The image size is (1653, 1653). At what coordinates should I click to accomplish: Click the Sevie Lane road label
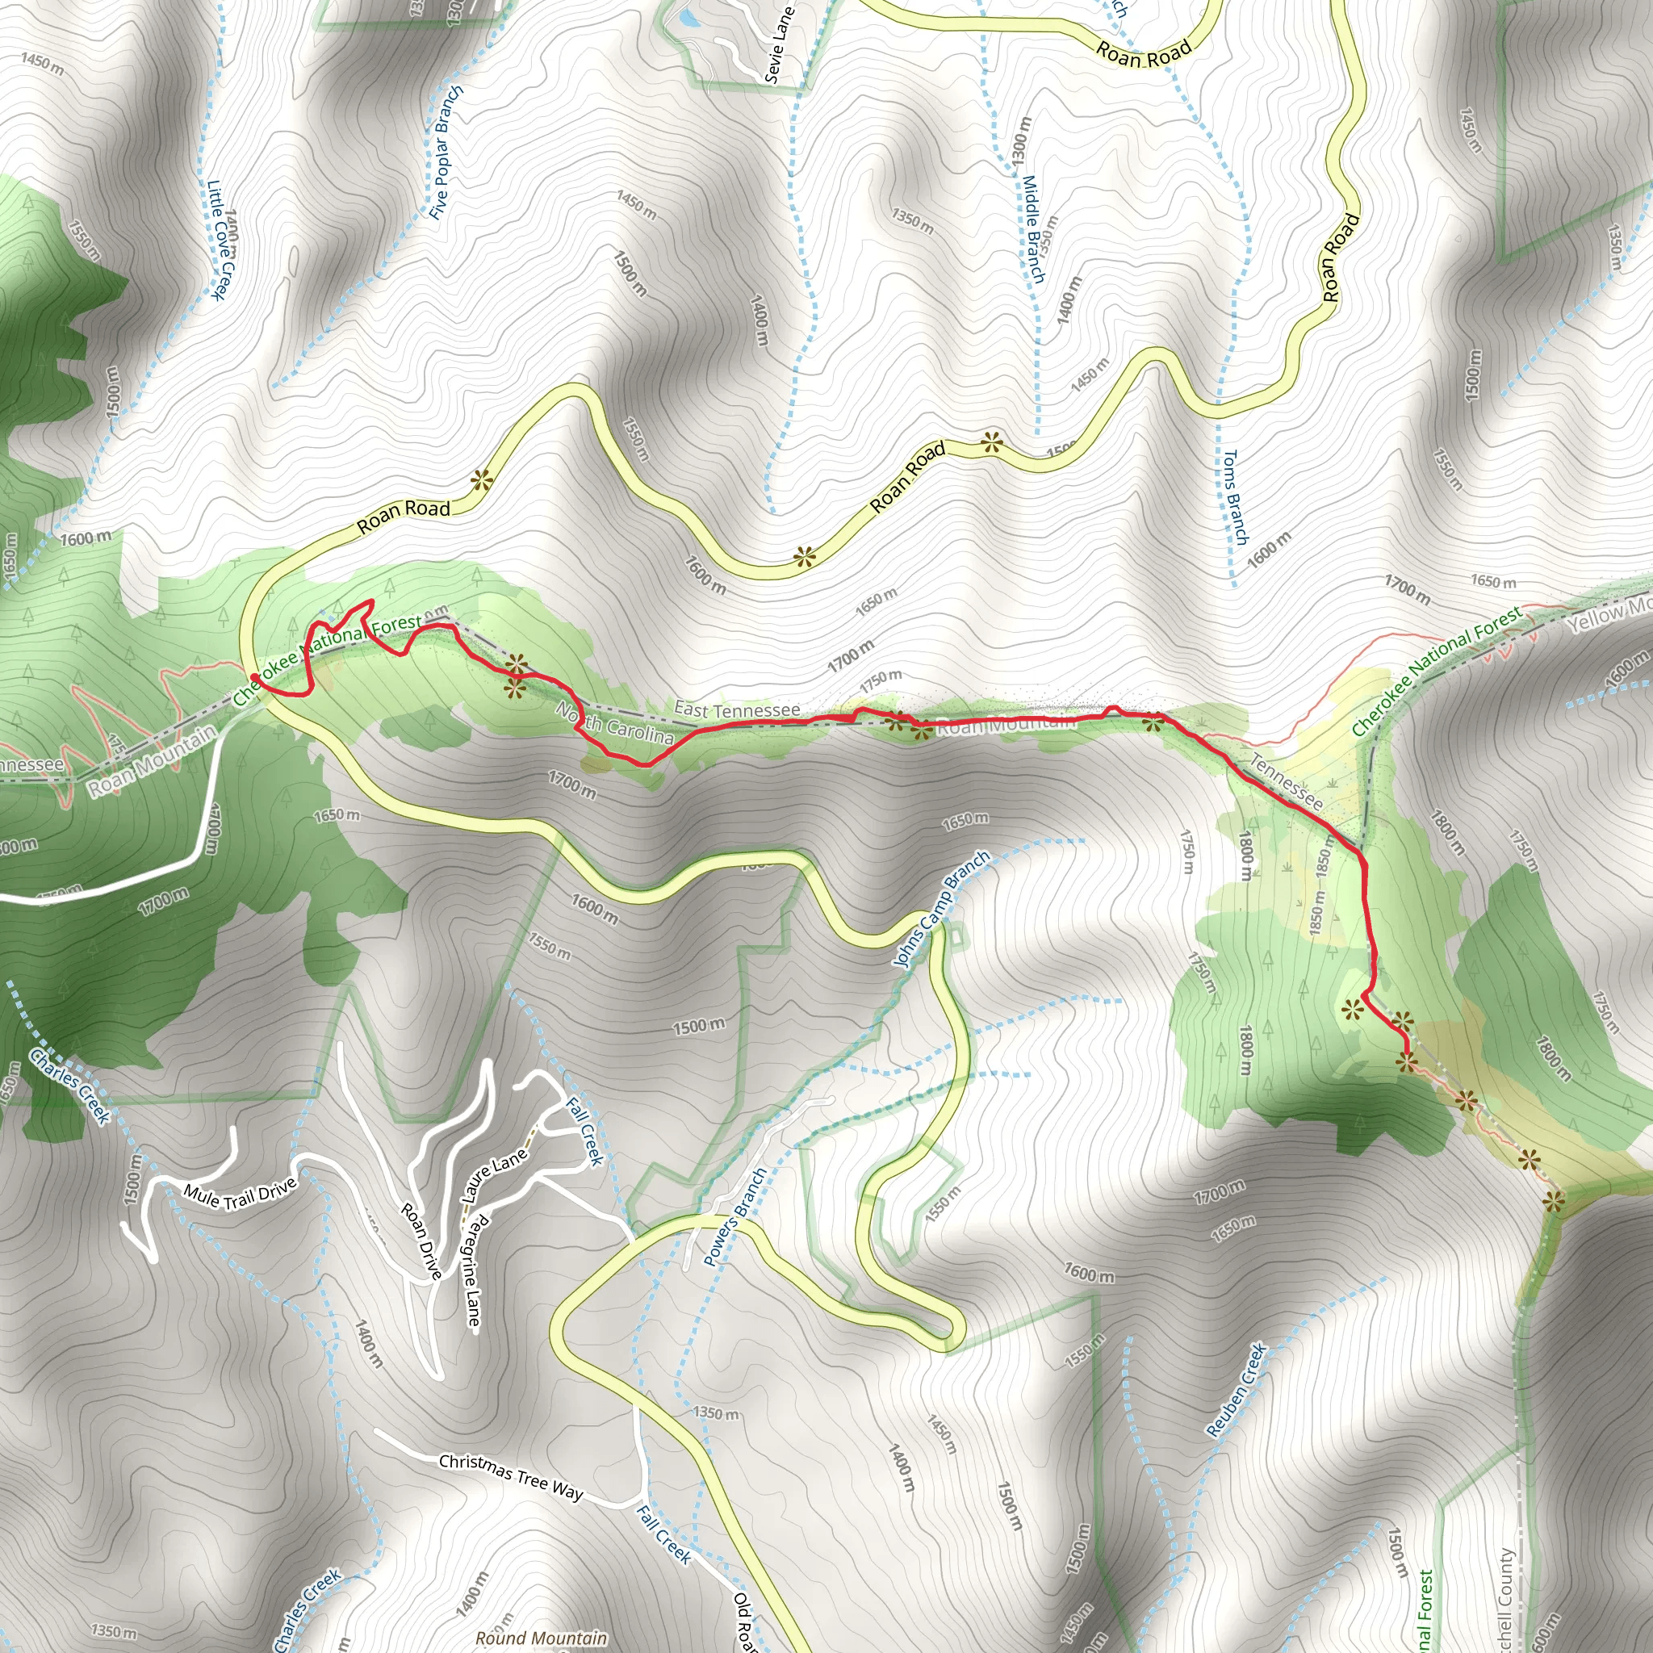point(780,45)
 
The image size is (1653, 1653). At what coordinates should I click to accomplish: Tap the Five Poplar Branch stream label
point(446,153)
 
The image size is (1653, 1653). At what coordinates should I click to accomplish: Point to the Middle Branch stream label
point(1034,229)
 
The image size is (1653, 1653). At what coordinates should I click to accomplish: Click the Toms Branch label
point(1235,498)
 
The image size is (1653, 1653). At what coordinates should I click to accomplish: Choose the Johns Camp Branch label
point(941,909)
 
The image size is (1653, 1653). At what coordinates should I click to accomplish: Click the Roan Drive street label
point(422,1241)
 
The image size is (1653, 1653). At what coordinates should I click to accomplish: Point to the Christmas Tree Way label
point(511,1478)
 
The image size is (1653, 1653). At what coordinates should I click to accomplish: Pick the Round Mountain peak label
point(541,1638)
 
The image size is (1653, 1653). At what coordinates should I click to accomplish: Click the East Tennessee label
point(737,709)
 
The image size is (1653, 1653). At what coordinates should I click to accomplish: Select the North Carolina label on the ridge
point(614,724)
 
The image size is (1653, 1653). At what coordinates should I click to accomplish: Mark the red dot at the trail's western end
point(254,679)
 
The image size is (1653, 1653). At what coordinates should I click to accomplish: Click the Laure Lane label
point(495,1174)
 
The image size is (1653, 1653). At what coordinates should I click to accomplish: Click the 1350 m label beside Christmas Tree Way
point(716,1412)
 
